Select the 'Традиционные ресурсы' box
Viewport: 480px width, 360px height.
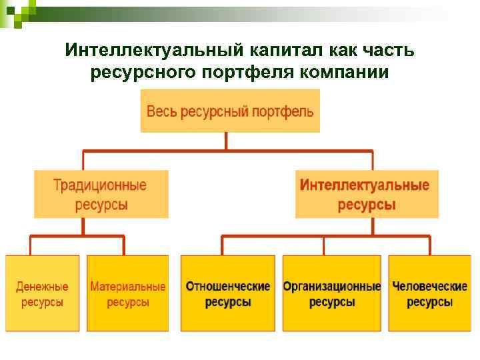click(101, 194)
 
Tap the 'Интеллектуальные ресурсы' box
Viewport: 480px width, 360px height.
click(367, 194)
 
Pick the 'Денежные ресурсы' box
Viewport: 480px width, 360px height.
click(42, 293)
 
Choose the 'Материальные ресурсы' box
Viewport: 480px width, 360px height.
click(128, 293)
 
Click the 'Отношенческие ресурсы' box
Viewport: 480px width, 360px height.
click(228, 293)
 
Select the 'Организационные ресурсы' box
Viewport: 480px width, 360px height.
click(332, 293)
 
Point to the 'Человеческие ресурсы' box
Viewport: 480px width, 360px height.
click(429, 293)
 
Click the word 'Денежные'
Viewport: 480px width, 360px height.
click(42, 287)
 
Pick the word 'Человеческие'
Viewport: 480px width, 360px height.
click(429, 287)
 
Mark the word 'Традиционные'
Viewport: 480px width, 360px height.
click(101, 185)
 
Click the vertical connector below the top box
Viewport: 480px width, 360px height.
click(227, 141)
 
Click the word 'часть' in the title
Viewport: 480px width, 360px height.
click(387, 51)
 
